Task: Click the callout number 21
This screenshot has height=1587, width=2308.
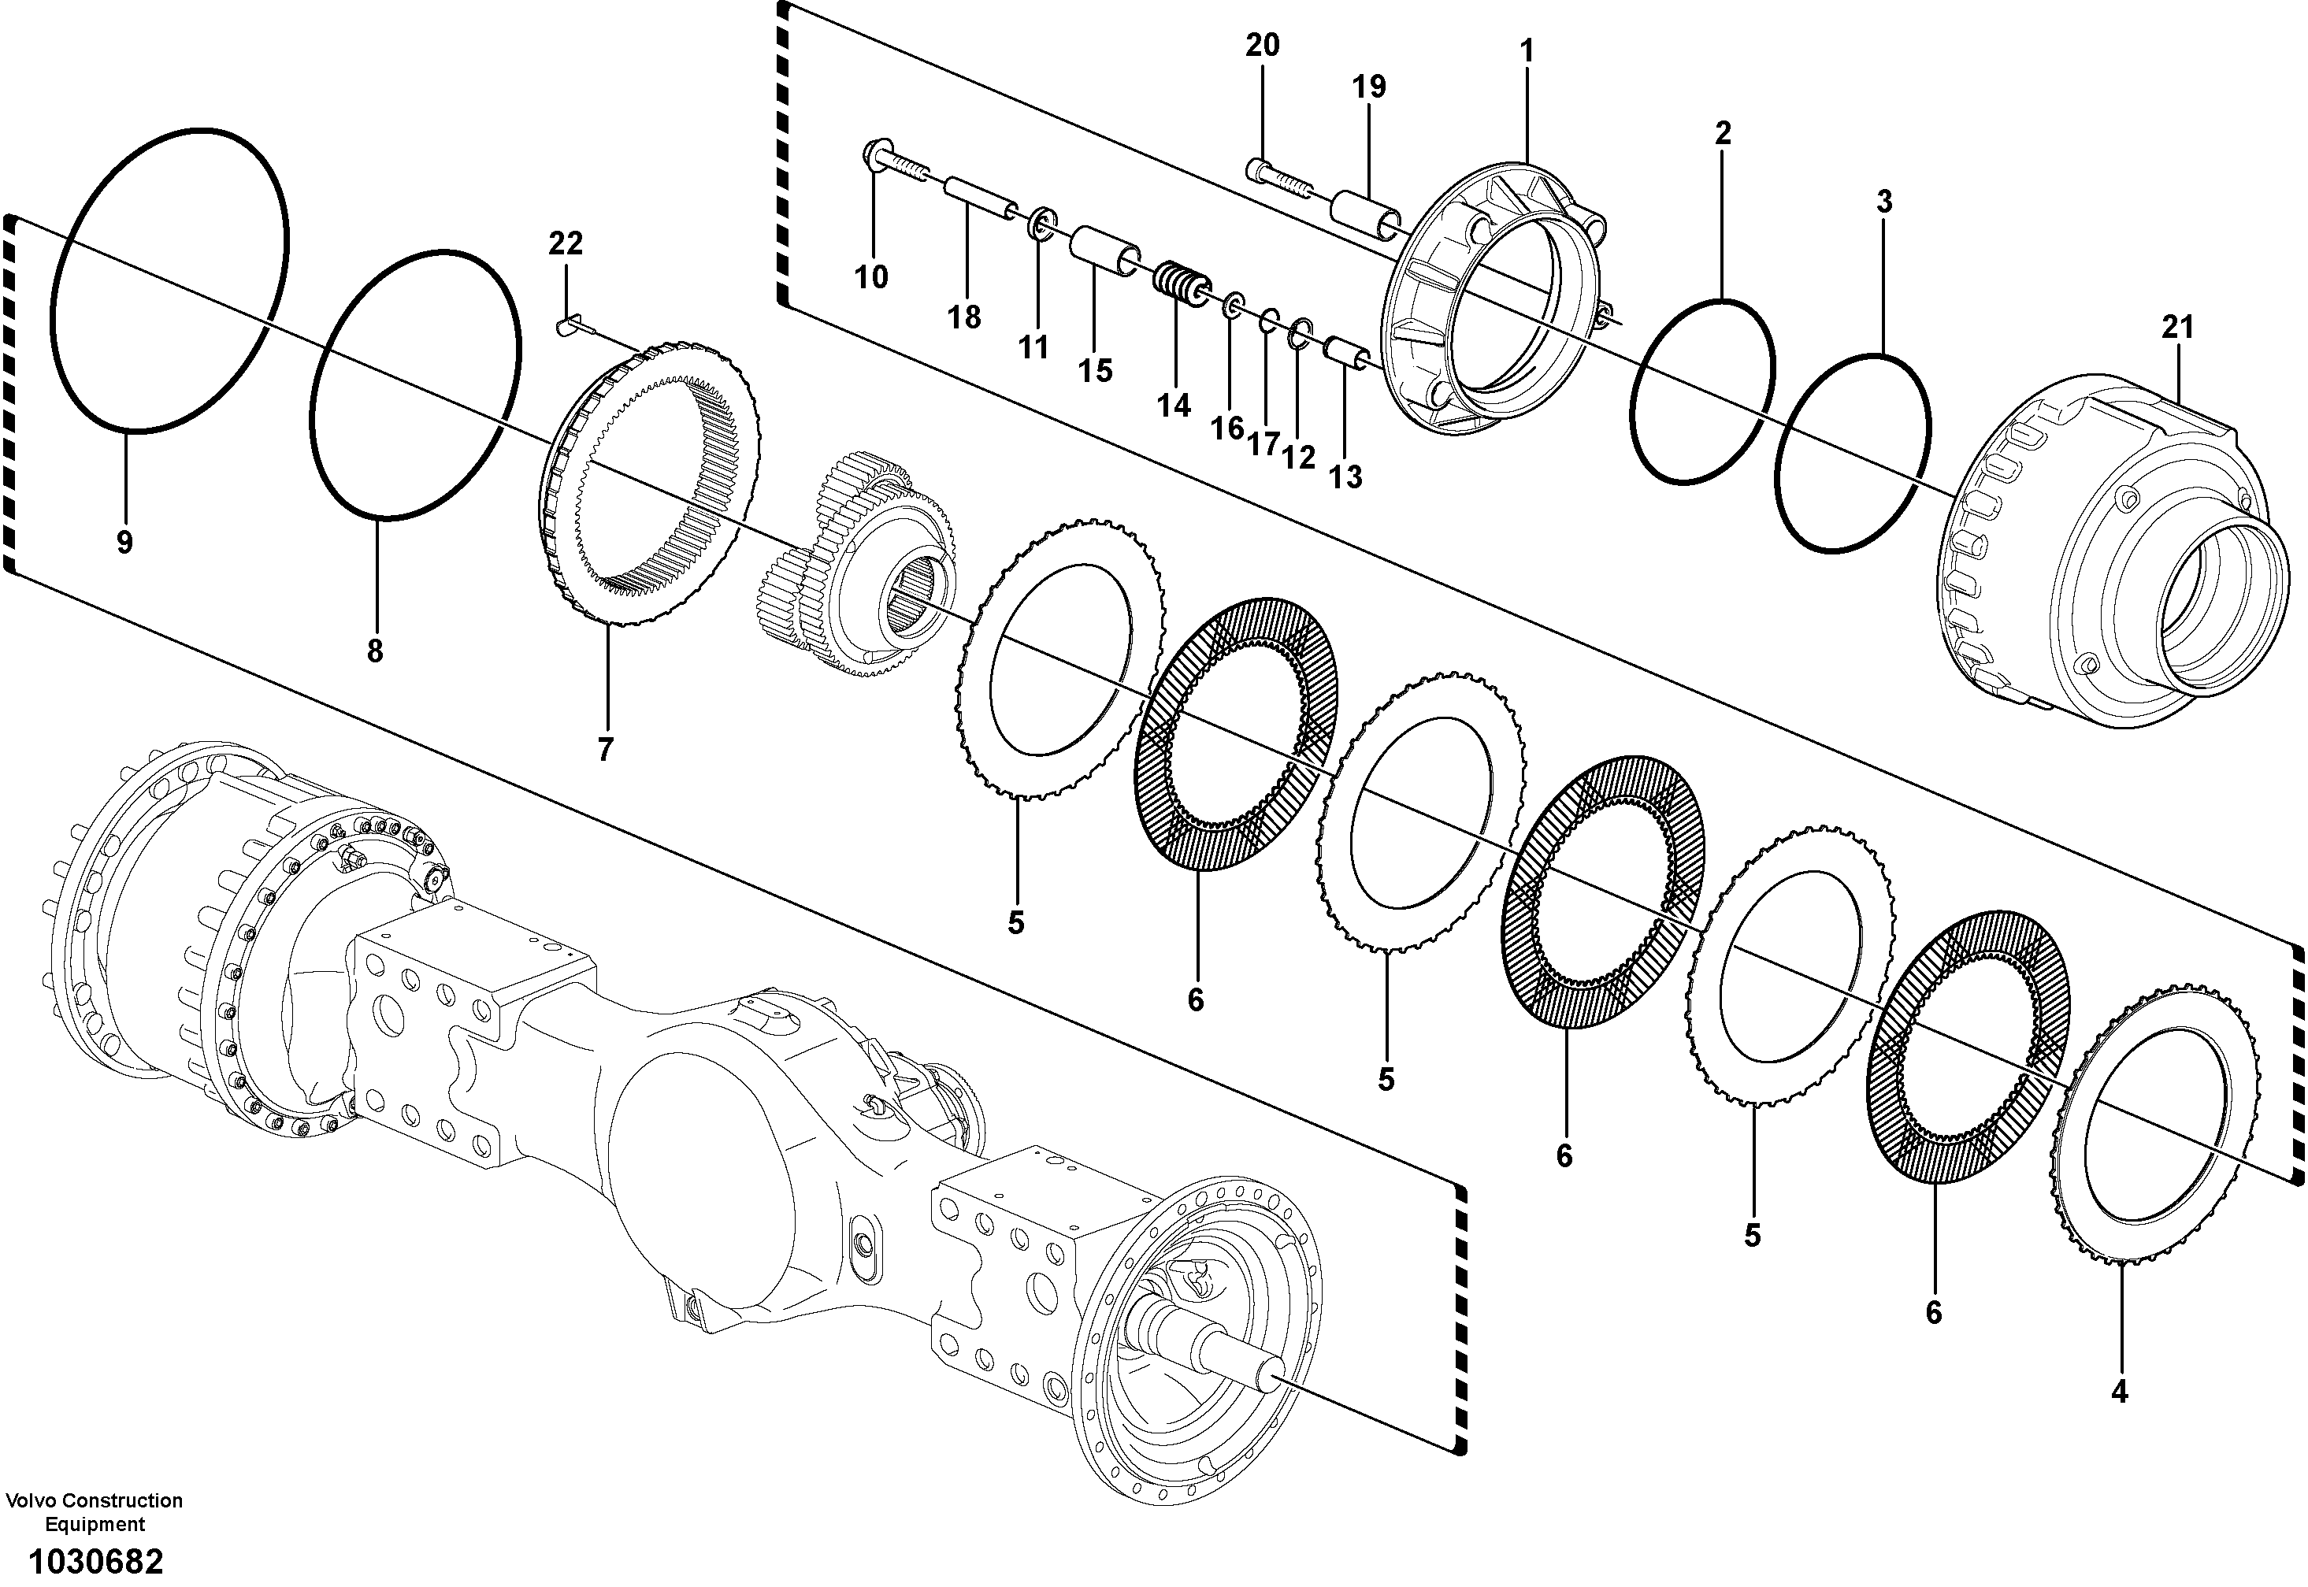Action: pyautogui.click(x=2176, y=327)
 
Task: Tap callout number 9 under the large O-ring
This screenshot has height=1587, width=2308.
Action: pyautogui.click(x=124, y=543)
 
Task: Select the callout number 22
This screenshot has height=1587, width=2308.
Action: pyautogui.click(x=566, y=243)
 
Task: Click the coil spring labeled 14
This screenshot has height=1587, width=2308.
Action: pyautogui.click(x=1179, y=281)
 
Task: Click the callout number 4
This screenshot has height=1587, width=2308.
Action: pyautogui.click(x=2119, y=1393)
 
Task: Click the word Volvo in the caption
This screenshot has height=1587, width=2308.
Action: pyautogui.click(x=31, y=1500)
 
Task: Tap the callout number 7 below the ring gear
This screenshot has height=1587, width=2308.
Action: pyautogui.click(x=606, y=749)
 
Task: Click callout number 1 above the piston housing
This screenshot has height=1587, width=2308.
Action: pyautogui.click(x=1527, y=52)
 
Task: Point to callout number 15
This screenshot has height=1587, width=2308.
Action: pyautogui.click(x=1095, y=371)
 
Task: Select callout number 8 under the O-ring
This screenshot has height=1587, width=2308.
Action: pyautogui.click(x=374, y=652)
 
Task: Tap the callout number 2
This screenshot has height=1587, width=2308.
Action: pyautogui.click(x=1724, y=133)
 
